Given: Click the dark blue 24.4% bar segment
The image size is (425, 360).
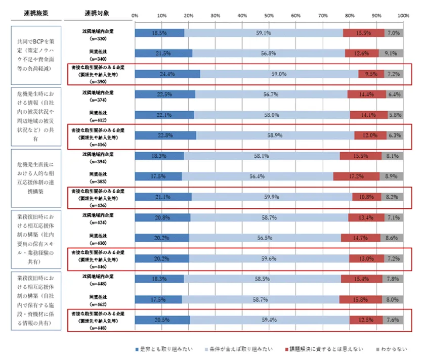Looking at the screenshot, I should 167,74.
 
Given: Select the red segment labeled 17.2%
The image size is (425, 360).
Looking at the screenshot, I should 356,176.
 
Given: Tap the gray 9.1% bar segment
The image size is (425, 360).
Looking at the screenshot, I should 391,54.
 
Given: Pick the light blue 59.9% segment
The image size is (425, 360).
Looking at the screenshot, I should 272,197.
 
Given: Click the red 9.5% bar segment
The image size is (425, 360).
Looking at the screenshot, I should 371,74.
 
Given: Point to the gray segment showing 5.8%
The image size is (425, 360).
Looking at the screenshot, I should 395,115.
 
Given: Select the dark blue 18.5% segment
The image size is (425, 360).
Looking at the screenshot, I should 159,33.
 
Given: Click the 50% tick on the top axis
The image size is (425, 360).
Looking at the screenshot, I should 269,15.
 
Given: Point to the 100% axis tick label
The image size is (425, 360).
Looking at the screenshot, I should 403,15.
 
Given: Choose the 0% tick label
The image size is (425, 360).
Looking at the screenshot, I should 135,15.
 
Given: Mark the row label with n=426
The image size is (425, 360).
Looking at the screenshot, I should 98,197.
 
